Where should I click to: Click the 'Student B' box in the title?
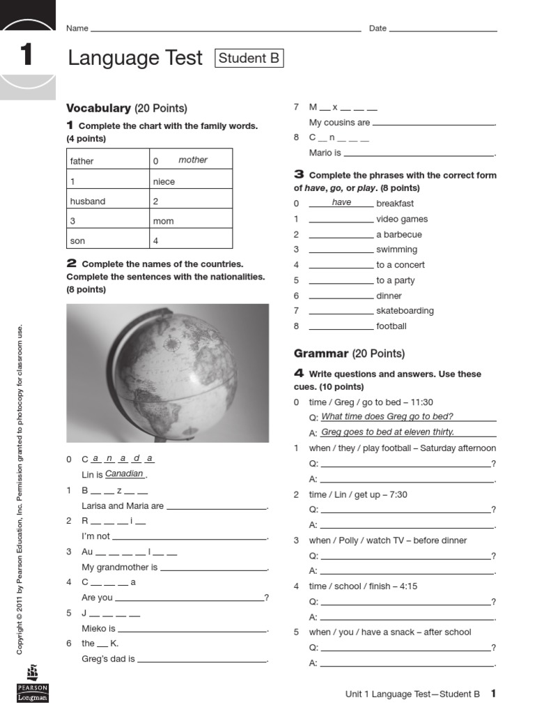point(249,59)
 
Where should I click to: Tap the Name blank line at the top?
point(226,30)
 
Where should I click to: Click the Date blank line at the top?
point(443,30)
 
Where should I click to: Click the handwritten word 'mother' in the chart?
point(193,160)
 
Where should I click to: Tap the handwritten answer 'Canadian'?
point(124,474)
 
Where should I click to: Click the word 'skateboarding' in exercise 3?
point(405,311)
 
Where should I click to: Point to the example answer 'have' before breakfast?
point(341,203)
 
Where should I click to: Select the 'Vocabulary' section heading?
point(98,108)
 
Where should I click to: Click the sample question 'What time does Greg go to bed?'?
point(387,417)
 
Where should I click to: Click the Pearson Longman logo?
point(33,684)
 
